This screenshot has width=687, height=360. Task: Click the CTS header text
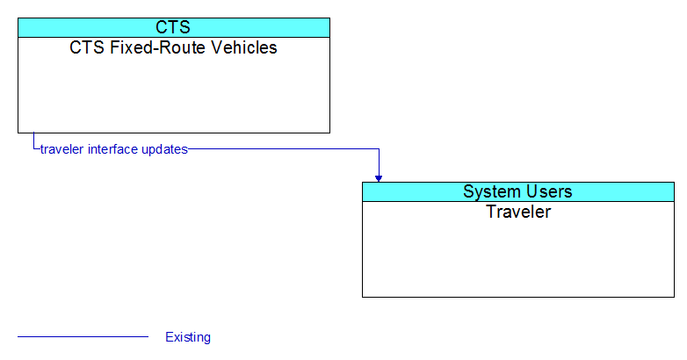[x=173, y=27]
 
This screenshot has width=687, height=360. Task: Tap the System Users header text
[x=517, y=191]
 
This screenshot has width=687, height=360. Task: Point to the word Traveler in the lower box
[x=518, y=212]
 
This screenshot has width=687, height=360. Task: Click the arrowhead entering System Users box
[x=379, y=179]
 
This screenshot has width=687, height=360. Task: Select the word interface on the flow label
[x=113, y=149]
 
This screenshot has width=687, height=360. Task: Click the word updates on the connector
[x=165, y=150]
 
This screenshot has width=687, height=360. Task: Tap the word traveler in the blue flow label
[x=61, y=149]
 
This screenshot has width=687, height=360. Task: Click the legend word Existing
[x=188, y=337]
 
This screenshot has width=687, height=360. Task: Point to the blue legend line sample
[x=83, y=337]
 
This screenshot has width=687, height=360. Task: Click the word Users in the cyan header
[x=549, y=191]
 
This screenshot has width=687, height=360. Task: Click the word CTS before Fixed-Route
[x=87, y=47]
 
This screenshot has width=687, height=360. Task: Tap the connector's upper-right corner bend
[x=379, y=149]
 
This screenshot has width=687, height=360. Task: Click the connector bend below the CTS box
[x=33, y=149]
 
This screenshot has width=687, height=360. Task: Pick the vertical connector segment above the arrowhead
[x=379, y=162]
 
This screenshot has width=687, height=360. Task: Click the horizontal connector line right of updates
[x=284, y=149]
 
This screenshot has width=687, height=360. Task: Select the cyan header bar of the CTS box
[x=174, y=27]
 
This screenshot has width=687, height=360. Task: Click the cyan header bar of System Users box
[x=518, y=191]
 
